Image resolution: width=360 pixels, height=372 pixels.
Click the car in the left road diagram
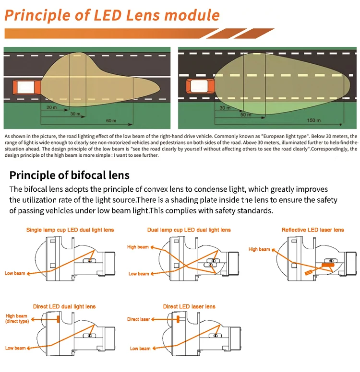click(27, 87)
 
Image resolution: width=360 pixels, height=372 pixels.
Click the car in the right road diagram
click(200, 86)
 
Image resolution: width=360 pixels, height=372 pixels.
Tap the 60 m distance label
click(111, 120)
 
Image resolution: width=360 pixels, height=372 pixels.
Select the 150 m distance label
click(313, 120)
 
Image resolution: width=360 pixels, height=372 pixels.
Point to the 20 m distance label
click(51, 107)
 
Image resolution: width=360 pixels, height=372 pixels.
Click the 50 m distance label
click(246, 115)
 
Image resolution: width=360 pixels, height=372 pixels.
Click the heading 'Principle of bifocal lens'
click(70, 175)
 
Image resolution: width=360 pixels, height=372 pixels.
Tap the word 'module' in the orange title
click(192, 15)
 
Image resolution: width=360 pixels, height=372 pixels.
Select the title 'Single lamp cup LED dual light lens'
click(70, 230)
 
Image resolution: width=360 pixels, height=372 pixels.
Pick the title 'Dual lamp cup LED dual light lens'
click(189, 230)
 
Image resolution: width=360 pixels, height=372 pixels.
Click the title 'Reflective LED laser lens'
click(312, 230)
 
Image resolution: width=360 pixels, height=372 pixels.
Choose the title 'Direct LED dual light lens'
click(64, 306)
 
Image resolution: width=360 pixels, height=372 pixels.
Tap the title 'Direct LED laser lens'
click(189, 306)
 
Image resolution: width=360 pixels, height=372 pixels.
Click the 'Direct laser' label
click(139, 319)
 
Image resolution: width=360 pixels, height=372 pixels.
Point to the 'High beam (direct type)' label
click(17, 319)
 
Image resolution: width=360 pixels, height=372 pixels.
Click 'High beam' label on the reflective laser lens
click(259, 249)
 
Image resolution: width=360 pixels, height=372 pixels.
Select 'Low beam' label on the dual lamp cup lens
click(139, 274)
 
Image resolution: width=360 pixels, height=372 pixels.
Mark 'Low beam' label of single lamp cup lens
click(15, 273)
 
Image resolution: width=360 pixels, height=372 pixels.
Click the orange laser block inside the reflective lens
click(328, 265)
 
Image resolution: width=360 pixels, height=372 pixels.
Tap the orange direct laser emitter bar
click(178, 319)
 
